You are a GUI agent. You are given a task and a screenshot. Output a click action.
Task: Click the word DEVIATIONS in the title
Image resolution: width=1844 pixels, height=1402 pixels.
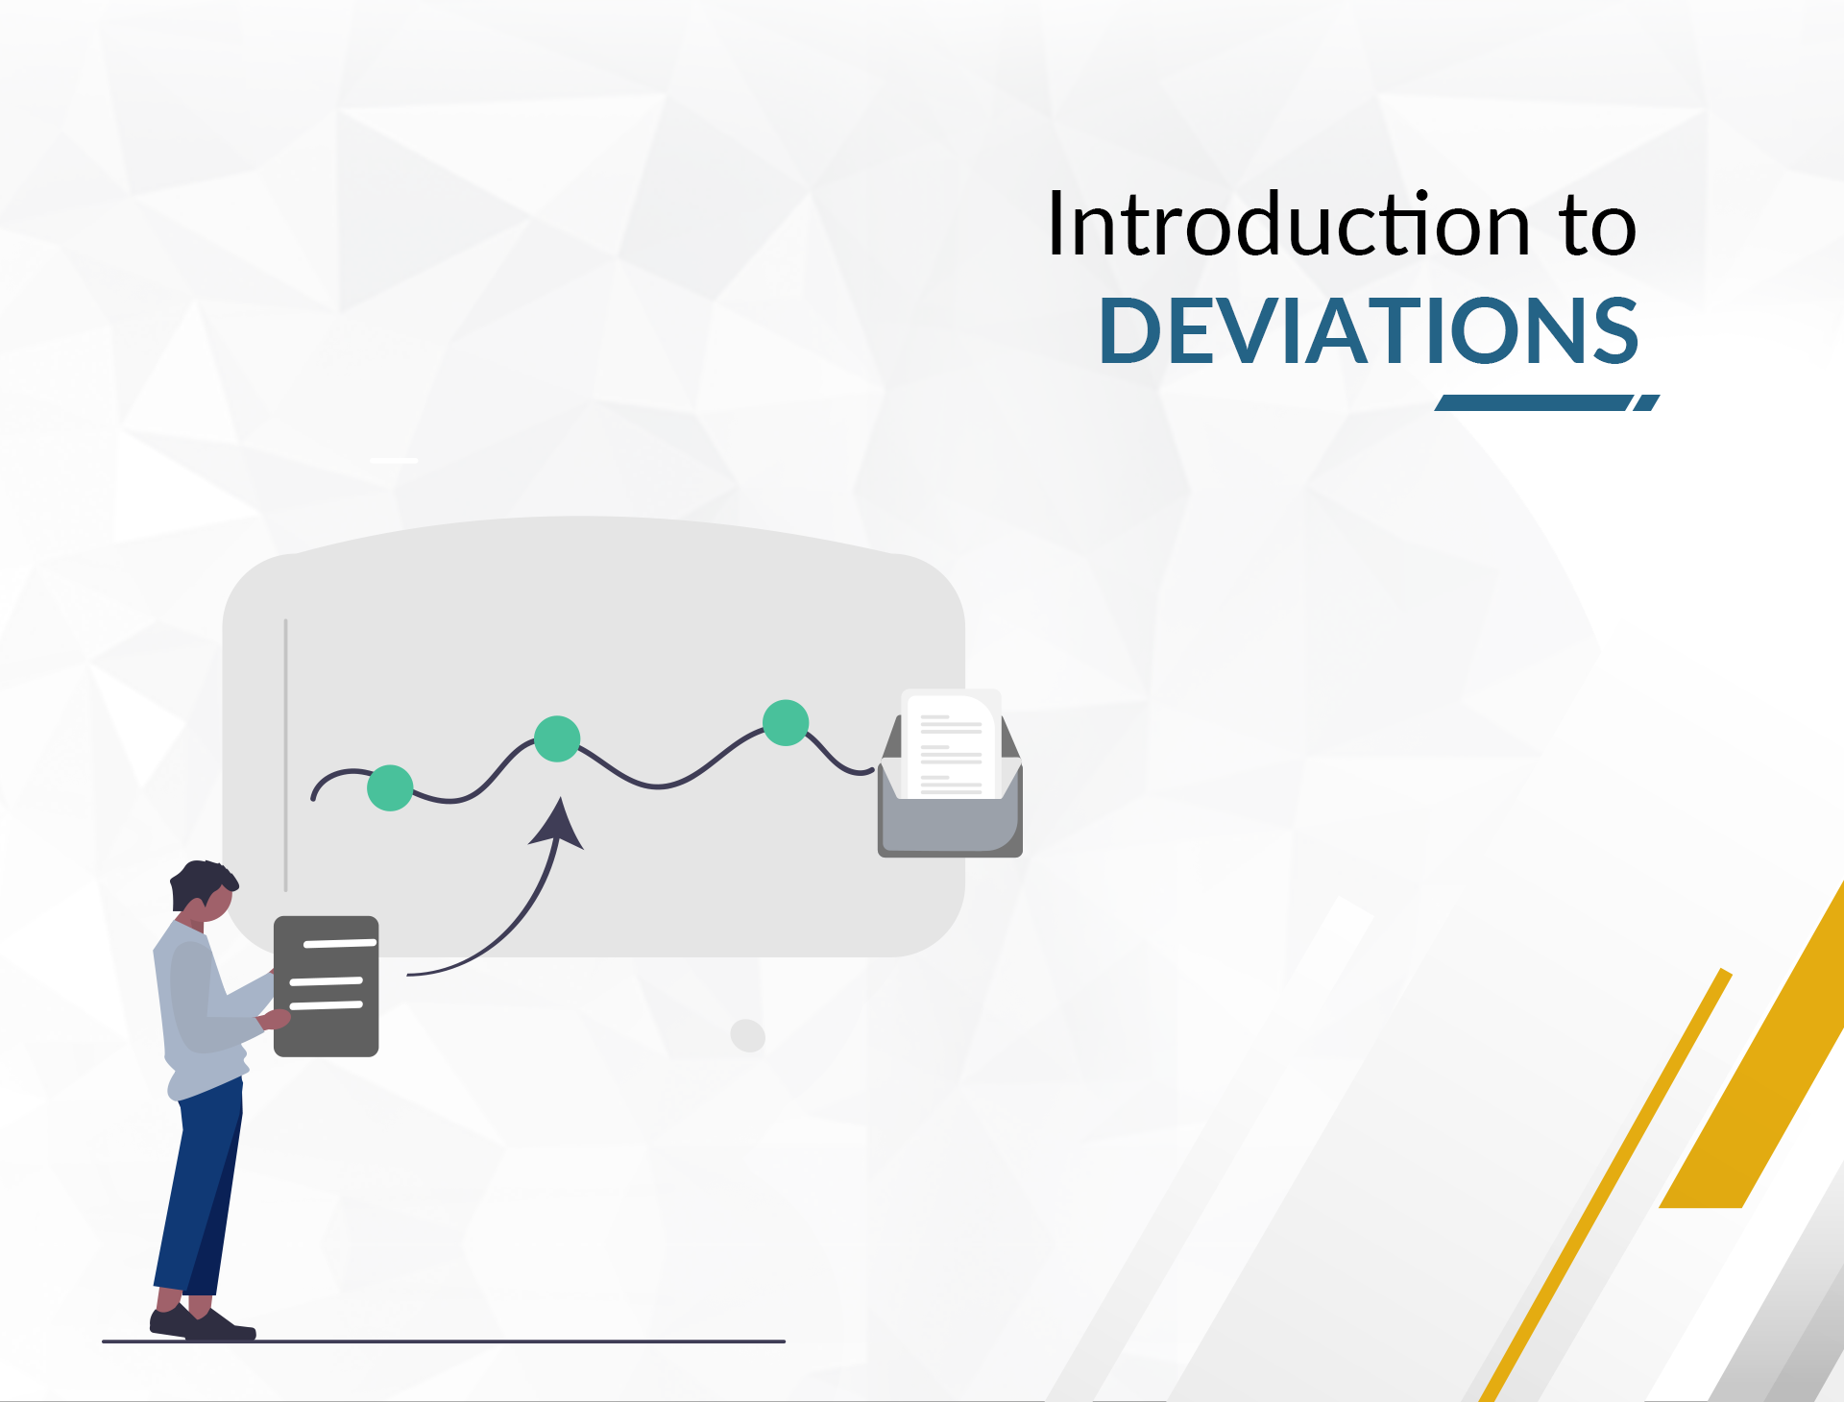pyautogui.click(x=1369, y=331)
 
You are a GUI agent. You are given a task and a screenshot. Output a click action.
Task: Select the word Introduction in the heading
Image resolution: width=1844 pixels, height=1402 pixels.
pyautogui.click(x=1288, y=226)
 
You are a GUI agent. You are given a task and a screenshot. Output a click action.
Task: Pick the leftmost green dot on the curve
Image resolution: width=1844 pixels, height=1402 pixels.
pyautogui.click(x=390, y=788)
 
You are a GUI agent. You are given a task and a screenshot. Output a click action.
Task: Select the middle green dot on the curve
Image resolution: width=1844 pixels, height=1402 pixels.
pyautogui.click(x=557, y=738)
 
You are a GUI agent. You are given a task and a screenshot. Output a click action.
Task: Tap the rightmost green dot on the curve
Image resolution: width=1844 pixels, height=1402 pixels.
pyautogui.click(x=786, y=723)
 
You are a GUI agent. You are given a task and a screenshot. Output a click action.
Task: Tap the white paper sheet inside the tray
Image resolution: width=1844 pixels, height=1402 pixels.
pyautogui.click(x=951, y=744)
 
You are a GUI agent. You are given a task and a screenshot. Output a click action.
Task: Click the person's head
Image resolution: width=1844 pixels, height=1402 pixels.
pyautogui.click(x=204, y=888)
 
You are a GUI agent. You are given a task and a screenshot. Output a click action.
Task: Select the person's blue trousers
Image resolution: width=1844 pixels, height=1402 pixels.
pyautogui.click(x=200, y=1191)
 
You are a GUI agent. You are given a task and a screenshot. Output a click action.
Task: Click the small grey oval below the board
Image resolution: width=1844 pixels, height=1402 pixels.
pyautogui.click(x=747, y=1035)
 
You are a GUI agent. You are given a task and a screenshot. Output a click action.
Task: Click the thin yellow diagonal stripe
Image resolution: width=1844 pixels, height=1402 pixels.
pyautogui.click(x=1604, y=1191)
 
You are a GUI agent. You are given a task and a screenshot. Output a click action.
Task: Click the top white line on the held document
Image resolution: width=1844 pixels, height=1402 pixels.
pyautogui.click(x=339, y=944)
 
